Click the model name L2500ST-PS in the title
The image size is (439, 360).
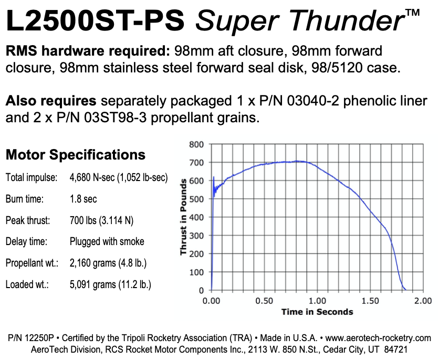click(x=96, y=20)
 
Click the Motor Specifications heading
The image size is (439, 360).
click(x=75, y=155)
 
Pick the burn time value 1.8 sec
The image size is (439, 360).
click(x=83, y=199)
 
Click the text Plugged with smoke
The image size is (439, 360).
click(x=107, y=242)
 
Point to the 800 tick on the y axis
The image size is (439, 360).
click(x=196, y=144)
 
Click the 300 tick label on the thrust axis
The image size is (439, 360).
click(x=196, y=236)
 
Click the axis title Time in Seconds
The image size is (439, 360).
click(x=317, y=312)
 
